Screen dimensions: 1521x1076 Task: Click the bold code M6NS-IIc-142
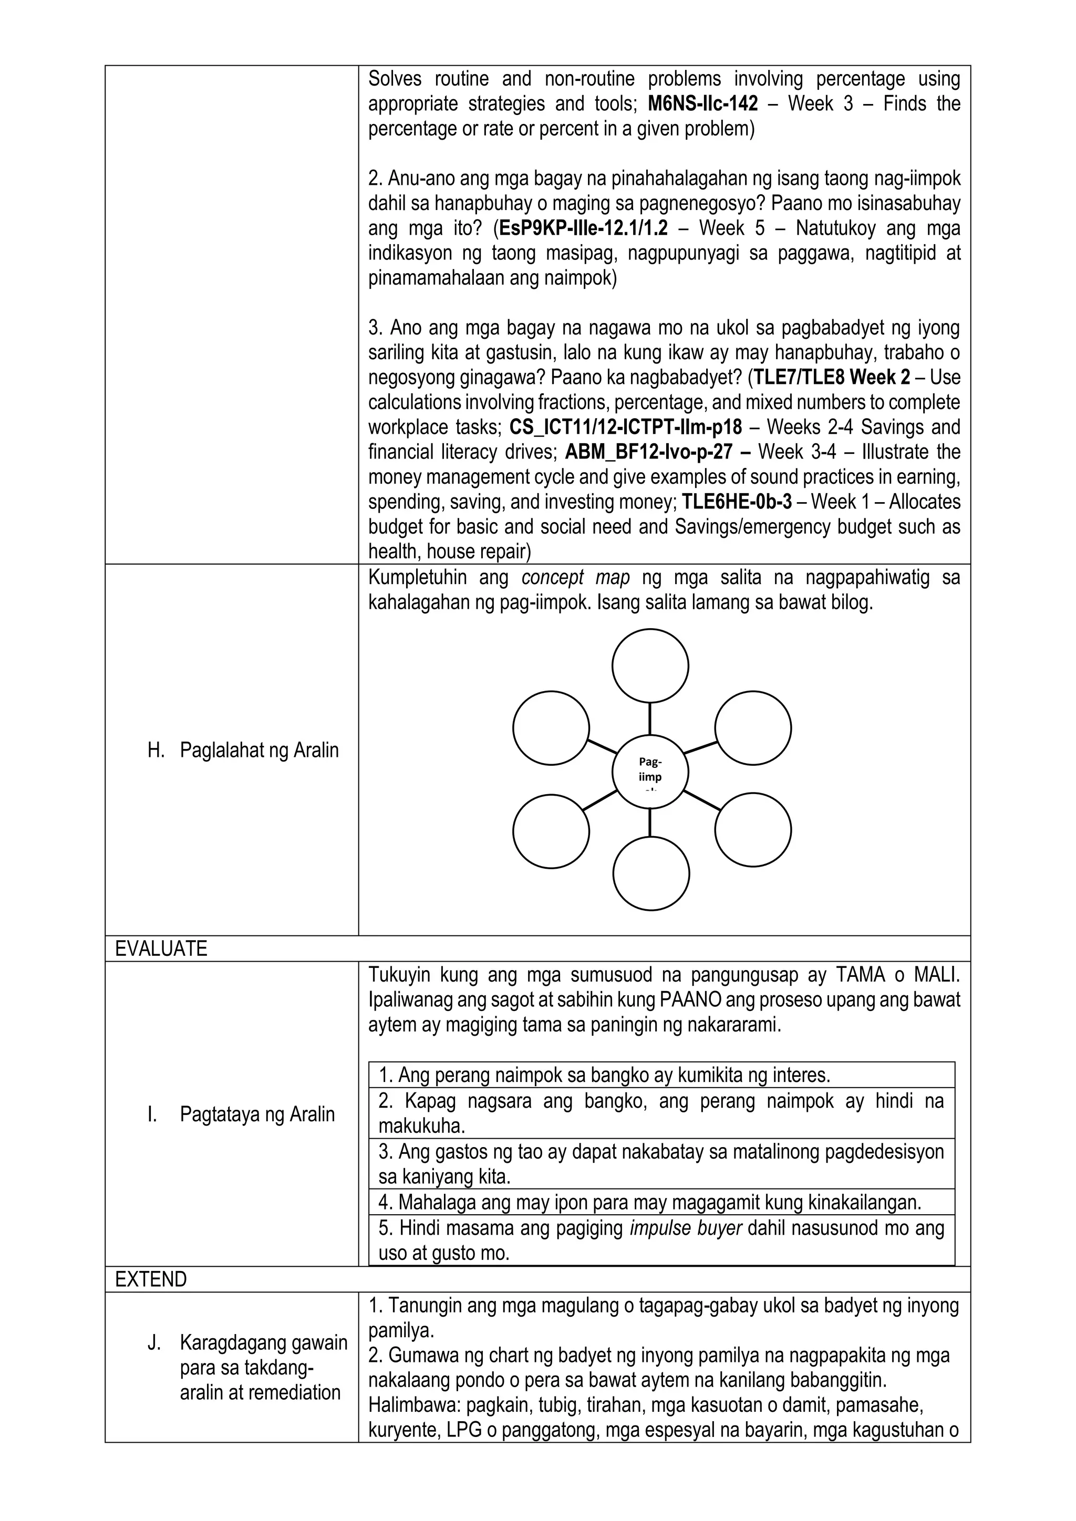[x=702, y=104]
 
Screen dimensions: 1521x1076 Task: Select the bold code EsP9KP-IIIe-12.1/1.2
[x=583, y=228]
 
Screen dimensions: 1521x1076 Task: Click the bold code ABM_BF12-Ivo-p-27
[x=649, y=452]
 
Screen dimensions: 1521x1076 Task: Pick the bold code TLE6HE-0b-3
[x=737, y=502]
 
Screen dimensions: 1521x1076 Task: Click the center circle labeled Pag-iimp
[x=650, y=773]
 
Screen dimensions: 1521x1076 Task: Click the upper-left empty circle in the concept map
[x=551, y=727]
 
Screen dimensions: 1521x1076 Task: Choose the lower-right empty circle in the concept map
[x=753, y=830]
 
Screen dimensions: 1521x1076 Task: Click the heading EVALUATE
[x=161, y=949]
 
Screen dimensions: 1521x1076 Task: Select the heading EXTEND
[x=151, y=1279]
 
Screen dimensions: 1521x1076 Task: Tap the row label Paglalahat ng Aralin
[x=259, y=751]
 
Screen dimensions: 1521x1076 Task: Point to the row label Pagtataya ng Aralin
[x=257, y=1114]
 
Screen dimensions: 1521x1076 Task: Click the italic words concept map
[x=575, y=578]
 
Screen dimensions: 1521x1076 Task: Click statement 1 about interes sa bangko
[x=604, y=1075]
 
